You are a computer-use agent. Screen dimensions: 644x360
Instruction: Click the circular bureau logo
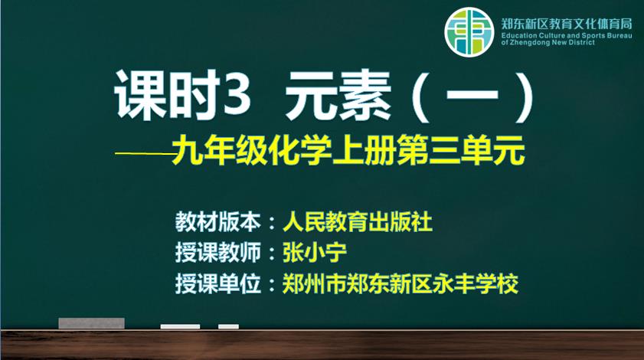point(469,31)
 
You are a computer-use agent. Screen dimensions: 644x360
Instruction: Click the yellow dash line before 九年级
point(145,154)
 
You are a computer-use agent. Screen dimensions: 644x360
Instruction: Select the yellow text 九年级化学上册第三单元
point(348,150)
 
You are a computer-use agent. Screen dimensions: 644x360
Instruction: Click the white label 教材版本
point(218,222)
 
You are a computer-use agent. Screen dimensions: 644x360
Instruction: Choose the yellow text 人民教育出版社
point(358,222)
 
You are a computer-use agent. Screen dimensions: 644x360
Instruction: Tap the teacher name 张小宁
point(315,252)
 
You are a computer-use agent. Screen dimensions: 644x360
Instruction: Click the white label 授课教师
point(218,252)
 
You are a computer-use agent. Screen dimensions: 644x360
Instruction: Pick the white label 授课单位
point(218,283)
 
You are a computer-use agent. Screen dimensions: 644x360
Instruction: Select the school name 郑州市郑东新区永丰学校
point(400,283)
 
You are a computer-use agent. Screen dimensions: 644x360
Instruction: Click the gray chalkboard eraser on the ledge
point(92,323)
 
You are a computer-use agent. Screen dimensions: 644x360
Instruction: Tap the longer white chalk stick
point(180,327)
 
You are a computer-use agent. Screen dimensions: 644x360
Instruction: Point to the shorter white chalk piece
point(228,327)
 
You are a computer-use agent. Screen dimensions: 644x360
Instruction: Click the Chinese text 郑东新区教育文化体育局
point(567,24)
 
